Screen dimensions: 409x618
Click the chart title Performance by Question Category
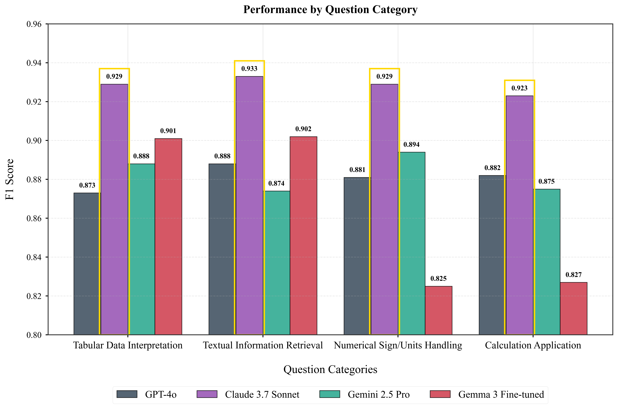point(330,10)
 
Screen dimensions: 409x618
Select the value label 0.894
point(411,145)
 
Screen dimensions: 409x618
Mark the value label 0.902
point(303,129)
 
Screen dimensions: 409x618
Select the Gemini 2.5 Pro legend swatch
point(330,394)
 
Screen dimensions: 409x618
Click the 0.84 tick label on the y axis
point(34,257)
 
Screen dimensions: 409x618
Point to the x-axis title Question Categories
point(330,369)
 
